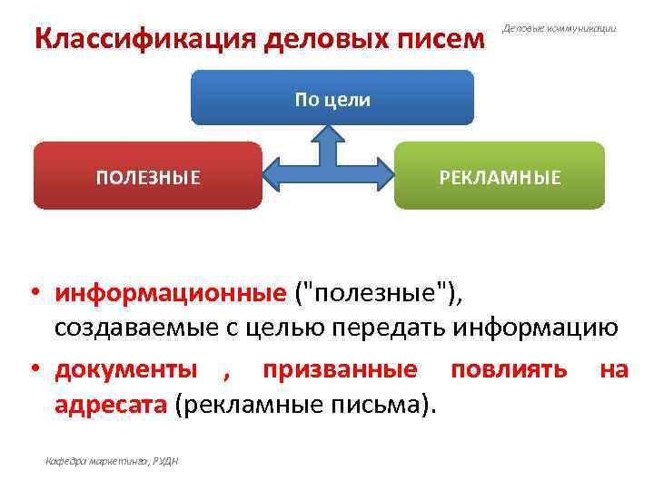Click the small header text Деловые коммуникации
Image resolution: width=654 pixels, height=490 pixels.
(x=559, y=29)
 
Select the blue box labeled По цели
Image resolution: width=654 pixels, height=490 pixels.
(x=332, y=99)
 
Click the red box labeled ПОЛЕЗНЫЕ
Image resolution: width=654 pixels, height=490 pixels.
(x=148, y=176)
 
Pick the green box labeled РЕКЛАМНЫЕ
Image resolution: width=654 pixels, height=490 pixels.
(x=500, y=176)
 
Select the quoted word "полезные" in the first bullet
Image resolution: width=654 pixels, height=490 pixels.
(x=372, y=293)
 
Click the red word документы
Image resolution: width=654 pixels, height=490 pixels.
(x=125, y=369)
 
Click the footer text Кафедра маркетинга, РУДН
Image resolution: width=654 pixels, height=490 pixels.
(x=112, y=461)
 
